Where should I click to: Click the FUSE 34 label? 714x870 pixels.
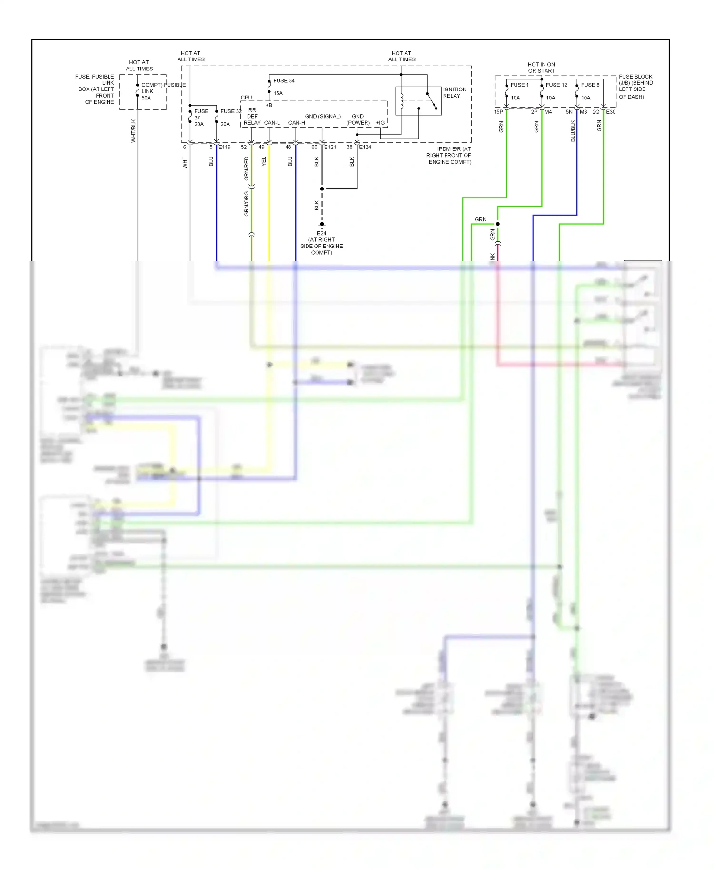pyautogui.click(x=284, y=80)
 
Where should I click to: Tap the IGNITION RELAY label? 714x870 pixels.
pyautogui.click(x=454, y=92)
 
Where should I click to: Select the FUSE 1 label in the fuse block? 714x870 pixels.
pyautogui.click(x=519, y=85)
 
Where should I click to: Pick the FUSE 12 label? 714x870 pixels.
pyautogui.click(x=556, y=85)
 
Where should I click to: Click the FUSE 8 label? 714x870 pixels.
pyautogui.click(x=590, y=85)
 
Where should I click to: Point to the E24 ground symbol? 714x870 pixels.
pyautogui.click(x=322, y=225)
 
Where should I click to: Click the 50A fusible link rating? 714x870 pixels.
pyautogui.click(x=146, y=98)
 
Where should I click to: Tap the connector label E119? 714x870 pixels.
pyautogui.click(x=225, y=147)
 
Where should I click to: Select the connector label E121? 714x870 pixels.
pyautogui.click(x=330, y=147)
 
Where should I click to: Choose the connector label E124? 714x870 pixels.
pyautogui.click(x=365, y=147)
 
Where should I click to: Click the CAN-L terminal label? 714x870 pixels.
pyautogui.click(x=272, y=123)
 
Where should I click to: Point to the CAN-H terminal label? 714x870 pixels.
pyautogui.click(x=297, y=123)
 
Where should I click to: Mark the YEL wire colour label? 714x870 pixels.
pyautogui.click(x=264, y=161)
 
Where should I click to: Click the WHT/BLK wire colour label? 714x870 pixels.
pyautogui.click(x=133, y=131)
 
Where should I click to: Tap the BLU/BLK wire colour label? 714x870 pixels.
pyautogui.click(x=573, y=131)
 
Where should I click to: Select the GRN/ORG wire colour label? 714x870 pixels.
pyautogui.click(x=247, y=204)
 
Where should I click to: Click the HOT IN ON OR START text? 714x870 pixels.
pyautogui.click(x=541, y=68)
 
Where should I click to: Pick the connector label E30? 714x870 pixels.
pyautogui.click(x=611, y=112)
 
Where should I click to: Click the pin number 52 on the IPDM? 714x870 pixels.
pyautogui.click(x=244, y=147)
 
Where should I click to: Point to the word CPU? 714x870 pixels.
pyautogui.click(x=246, y=98)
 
